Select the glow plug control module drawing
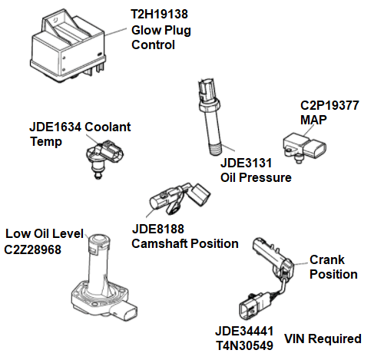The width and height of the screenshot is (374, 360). tap(65, 47)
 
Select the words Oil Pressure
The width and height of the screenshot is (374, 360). tap(256, 178)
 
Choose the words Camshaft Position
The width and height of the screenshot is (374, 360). tap(185, 243)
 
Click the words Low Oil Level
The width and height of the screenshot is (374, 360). tap(43, 233)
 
